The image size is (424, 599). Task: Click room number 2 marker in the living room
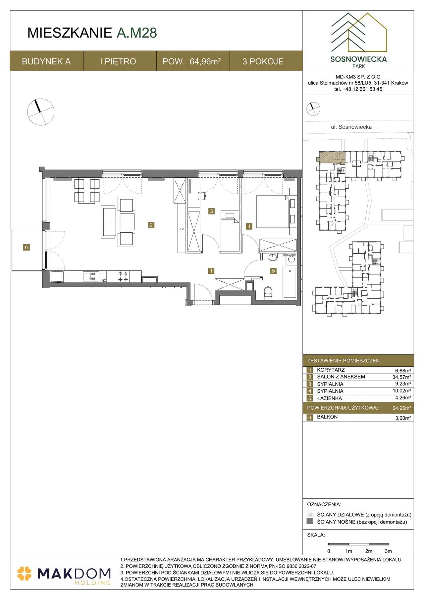pos(151,225)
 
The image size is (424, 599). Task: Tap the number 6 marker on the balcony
pos(26,247)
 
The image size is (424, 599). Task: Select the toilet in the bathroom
pos(268,293)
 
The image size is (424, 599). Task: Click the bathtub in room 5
pos(290,282)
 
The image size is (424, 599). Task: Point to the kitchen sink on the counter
pos(91,276)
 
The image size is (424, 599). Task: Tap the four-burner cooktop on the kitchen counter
pos(123,277)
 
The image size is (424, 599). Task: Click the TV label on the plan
pos(182,229)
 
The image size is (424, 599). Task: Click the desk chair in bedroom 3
pos(201,196)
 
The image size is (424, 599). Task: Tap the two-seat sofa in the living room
pos(108,222)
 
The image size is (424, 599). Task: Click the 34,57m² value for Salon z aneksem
pos(402,377)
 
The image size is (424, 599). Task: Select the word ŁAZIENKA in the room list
pos(329,398)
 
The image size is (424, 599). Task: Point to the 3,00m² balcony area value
pos(403,418)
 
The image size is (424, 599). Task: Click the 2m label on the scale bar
pos(369,551)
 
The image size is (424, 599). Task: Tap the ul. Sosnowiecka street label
pos(351,127)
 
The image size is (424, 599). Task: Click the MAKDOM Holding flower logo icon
pos(25,574)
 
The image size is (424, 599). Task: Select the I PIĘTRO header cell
pos(118,61)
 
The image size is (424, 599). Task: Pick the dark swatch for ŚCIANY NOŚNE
pos(310,521)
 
